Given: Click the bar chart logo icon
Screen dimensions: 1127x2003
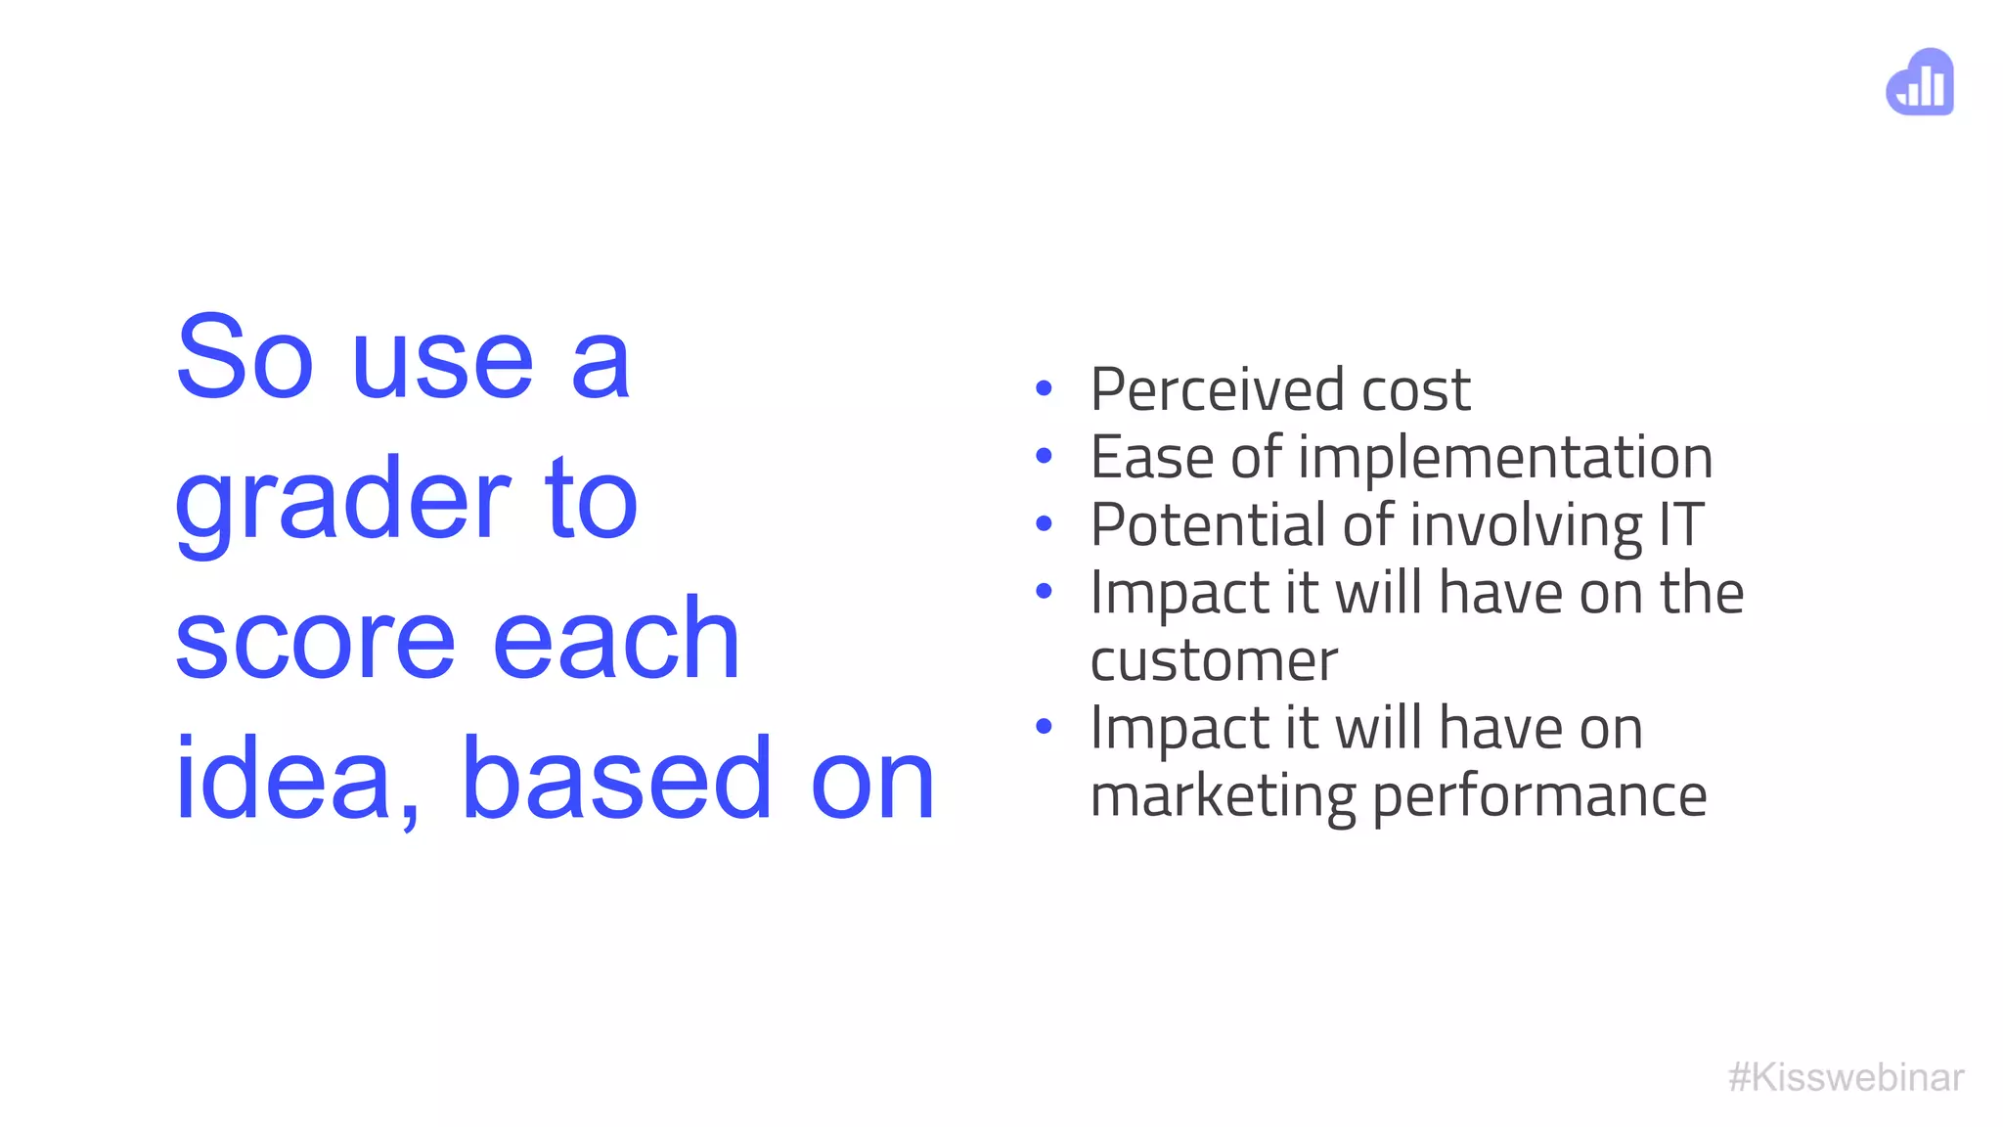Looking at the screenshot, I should click(1920, 82).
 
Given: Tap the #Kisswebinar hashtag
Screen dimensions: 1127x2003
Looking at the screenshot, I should click(1846, 1077).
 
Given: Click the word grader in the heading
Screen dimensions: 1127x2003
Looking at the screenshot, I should click(342, 501).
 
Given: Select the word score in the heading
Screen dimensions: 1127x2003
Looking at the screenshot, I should click(315, 640).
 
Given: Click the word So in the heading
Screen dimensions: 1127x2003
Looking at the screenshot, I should click(245, 359).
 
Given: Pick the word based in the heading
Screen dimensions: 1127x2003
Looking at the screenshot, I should click(616, 778).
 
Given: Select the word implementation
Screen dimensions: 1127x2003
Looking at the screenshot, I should click(1505, 457).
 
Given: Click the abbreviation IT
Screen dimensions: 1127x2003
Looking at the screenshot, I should click(1681, 524).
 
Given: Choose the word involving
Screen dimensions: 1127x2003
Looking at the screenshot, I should click(1527, 526).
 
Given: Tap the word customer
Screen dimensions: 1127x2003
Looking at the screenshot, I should click(1213, 660).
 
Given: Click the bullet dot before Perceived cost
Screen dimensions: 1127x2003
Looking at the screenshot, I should click(1044, 389).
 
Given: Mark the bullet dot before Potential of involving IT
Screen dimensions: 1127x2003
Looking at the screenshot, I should click(1044, 524).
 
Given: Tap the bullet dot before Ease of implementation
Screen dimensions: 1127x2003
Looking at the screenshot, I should click(1044, 456).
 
